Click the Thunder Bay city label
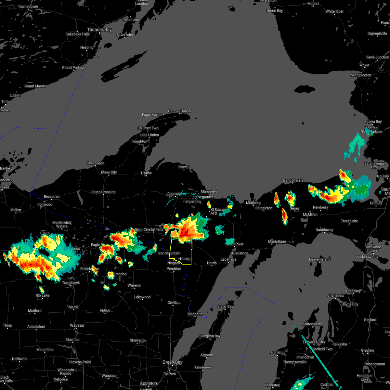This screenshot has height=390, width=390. [99, 30]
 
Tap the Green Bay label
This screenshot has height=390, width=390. [173, 362]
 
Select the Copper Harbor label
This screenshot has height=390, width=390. [180, 111]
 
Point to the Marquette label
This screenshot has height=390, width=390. [209, 191]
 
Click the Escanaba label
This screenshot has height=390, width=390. [228, 259]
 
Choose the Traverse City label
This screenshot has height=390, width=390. [314, 342]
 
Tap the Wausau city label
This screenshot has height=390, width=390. [77, 325]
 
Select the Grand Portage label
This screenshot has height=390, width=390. [73, 68]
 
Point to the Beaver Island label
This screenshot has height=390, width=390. [319, 259]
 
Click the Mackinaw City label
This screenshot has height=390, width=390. [367, 257]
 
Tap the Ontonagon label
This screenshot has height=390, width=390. [95, 163]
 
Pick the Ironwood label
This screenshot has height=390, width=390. [45, 204]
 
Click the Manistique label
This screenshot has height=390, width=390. [277, 241]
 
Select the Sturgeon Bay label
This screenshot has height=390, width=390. [210, 336]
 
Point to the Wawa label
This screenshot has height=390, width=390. [364, 65]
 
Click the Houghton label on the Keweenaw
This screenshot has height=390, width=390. [139, 141]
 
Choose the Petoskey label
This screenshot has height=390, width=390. [353, 291]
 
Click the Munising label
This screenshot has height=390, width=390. [253, 203]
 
